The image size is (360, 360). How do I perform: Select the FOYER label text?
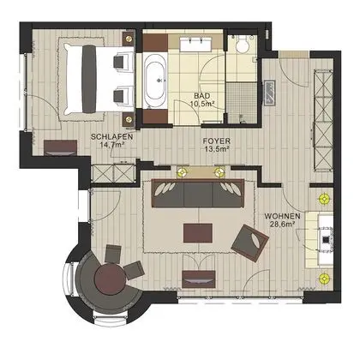(214, 137)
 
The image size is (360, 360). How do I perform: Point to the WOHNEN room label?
(282, 216)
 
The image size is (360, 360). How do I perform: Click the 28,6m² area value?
(282, 225)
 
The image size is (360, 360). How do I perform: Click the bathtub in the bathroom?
(155, 82)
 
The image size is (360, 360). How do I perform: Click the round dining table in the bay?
(110, 280)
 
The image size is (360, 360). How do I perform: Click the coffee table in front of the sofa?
(200, 231)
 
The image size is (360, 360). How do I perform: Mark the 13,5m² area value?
(214, 147)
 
